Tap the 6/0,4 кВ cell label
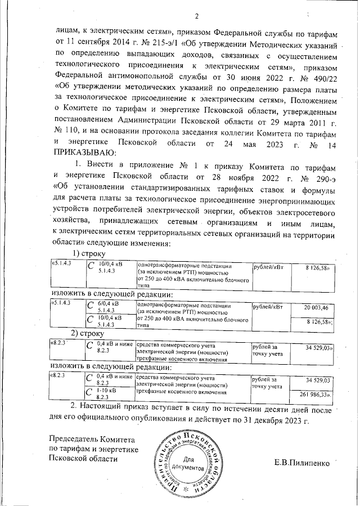(109, 303)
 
